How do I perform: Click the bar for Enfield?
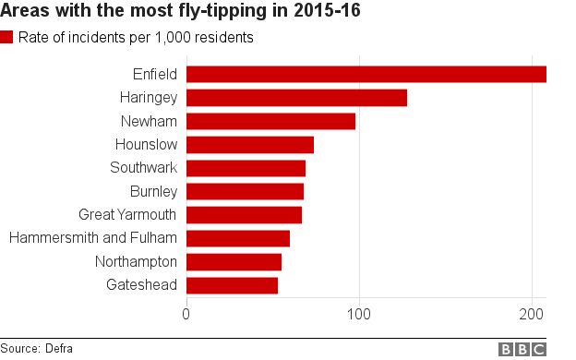pos(366,75)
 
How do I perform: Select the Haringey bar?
pos(296,98)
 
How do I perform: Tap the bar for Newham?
pos(271,121)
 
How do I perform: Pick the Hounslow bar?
pos(250,145)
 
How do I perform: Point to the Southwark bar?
pos(246,168)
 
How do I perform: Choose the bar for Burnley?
pos(245,191)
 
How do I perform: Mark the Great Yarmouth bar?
pos(244,215)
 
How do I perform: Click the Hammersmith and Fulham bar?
pos(238,238)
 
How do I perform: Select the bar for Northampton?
pos(234,262)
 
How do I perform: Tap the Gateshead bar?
pos(232,285)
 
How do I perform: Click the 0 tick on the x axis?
pos(187,314)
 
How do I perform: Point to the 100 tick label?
pos(359,314)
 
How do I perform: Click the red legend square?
pos(7,38)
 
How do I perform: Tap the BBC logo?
pos(522,349)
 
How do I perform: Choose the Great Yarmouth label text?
pos(127,215)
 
